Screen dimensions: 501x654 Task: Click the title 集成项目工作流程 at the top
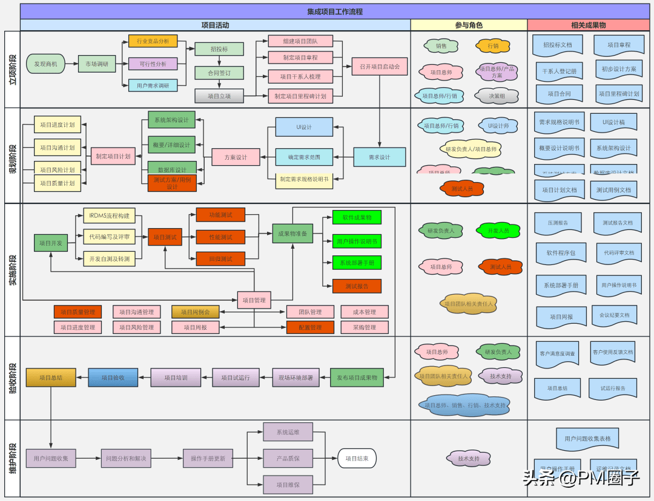click(x=335, y=11)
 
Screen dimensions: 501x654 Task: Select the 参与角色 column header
click(x=469, y=25)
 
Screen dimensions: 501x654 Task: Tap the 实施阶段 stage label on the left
click(x=12, y=270)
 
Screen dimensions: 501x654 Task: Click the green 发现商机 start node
click(x=45, y=64)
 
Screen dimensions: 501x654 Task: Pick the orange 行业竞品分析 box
click(x=153, y=41)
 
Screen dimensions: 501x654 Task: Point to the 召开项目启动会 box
click(x=380, y=66)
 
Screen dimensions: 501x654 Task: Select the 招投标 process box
click(x=219, y=49)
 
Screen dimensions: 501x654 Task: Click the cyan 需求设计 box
click(x=380, y=157)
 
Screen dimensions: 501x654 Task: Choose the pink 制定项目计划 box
click(x=113, y=156)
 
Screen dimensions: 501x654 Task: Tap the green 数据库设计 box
click(x=172, y=169)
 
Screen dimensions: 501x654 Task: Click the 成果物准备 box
click(x=292, y=234)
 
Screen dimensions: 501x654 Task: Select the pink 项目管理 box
click(x=254, y=300)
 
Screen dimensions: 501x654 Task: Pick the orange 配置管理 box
click(x=311, y=327)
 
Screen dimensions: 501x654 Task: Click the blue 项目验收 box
click(x=113, y=377)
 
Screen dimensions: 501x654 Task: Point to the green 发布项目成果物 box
click(x=357, y=377)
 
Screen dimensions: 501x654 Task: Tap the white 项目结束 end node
click(x=357, y=459)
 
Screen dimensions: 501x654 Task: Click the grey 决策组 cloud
click(x=497, y=95)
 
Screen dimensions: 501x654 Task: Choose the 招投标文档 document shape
click(x=557, y=45)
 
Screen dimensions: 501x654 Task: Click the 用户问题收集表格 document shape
click(x=587, y=438)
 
